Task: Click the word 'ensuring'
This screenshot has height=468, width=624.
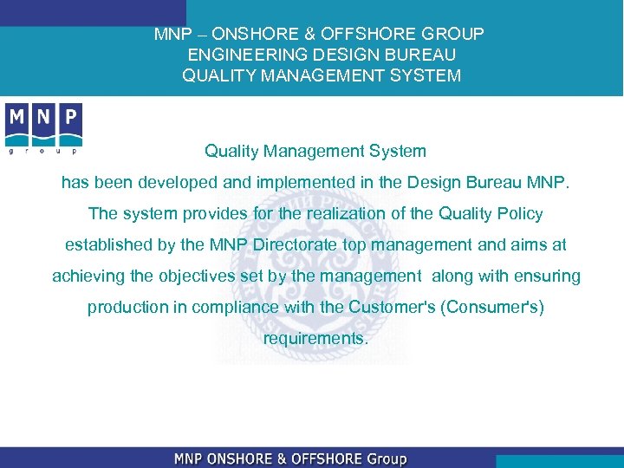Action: (x=548, y=276)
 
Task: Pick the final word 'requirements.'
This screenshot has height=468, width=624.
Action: (x=315, y=339)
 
